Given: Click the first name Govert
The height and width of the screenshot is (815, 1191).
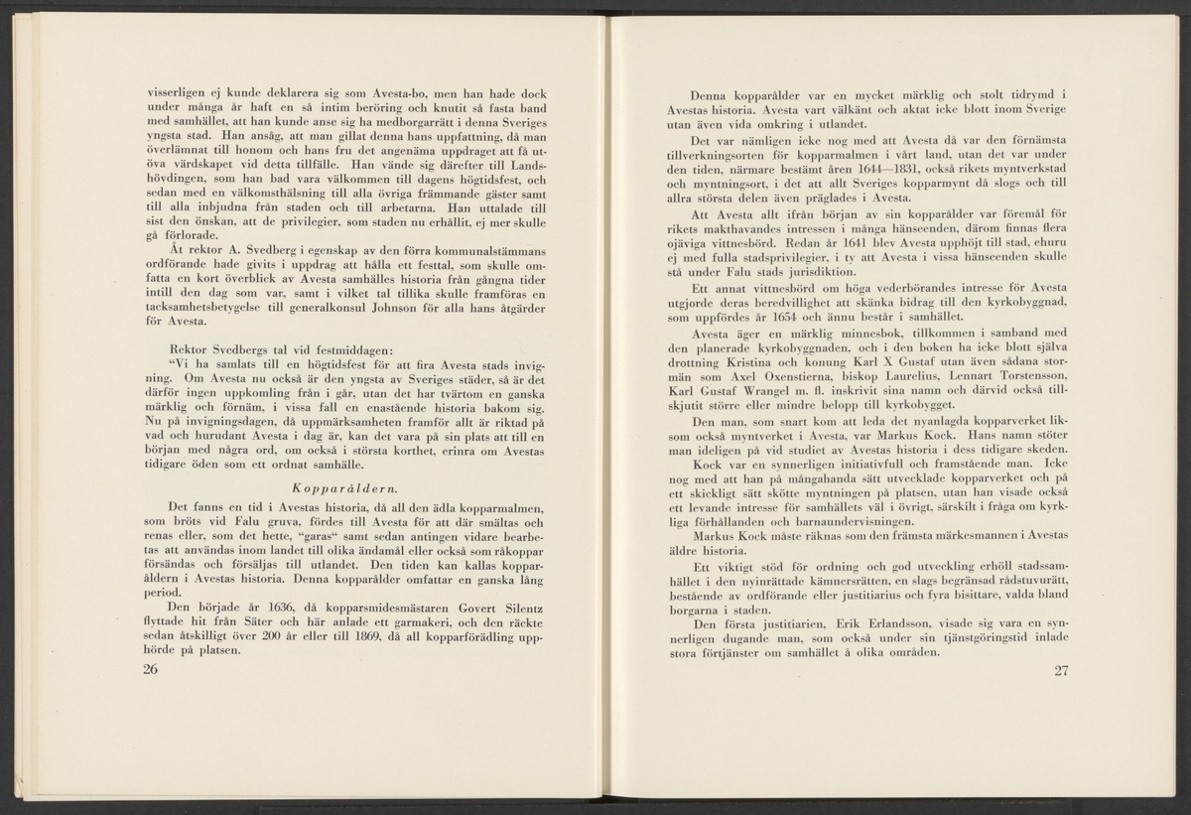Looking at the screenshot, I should tap(450, 604).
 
